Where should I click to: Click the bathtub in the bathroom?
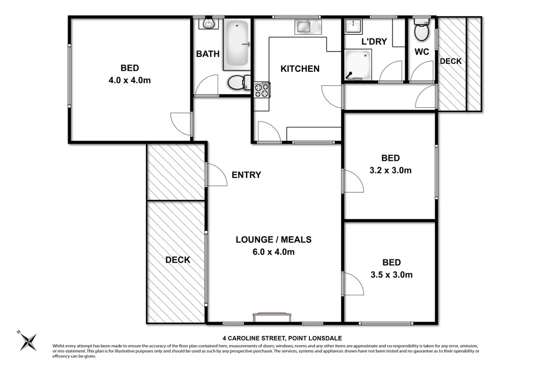coord(236,45)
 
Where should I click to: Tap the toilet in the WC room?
coord(421,32)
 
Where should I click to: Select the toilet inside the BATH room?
coord(238,83)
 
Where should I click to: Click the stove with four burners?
coord(262,89)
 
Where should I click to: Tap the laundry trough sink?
coord(353,26)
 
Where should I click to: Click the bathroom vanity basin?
coord(208,24)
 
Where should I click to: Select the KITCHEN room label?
coord(300,69)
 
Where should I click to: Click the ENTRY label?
coord(246,175)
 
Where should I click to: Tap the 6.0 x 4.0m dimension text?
coord(273,252)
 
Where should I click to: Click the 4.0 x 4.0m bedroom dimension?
coord(130,80)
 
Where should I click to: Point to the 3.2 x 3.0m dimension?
coord(390,171)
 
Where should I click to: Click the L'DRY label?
coord(373,41)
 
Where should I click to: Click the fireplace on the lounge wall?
coord(273,317)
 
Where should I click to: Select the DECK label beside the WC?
coord(450,61)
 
